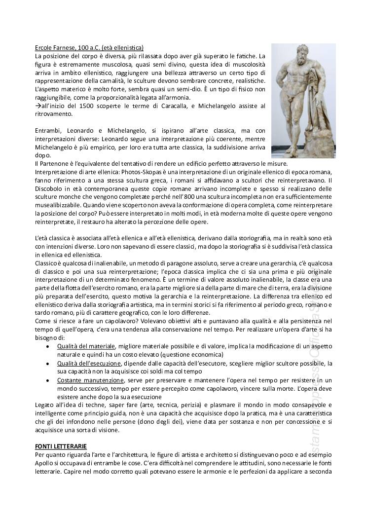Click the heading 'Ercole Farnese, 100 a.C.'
[89, 48]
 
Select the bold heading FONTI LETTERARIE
[61, 445]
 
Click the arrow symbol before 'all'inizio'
[38, 106]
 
